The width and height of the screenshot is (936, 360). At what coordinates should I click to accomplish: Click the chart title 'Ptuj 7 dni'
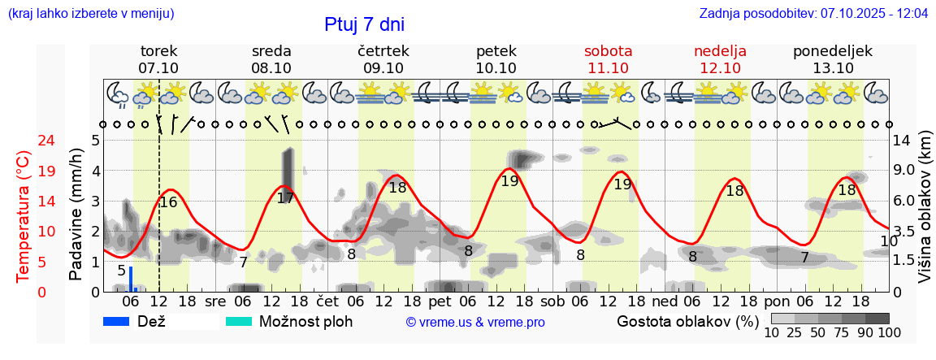(x=364, y=24)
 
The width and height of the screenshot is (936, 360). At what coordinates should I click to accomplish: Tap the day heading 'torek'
(x=158, y=51)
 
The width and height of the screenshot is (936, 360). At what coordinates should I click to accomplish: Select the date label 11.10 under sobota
(x=608, y=68)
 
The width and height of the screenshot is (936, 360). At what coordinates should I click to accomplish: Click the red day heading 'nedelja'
(x=720, y=51)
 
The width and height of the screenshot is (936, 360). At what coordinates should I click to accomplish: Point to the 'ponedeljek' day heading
(x=833, y=51)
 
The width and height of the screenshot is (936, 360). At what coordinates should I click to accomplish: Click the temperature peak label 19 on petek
(x=509, y=181)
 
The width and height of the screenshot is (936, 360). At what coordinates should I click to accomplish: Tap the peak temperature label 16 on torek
(x=168, y=202)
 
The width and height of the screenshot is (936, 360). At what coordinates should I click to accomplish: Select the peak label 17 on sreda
(x=285, y=197)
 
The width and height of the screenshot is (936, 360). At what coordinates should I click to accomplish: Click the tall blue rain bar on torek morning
(x=130, y=278)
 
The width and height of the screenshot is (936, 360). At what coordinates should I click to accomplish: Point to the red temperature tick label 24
(x=24, y=141)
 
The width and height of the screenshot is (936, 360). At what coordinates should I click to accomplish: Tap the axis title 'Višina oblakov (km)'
(x=925, y=220)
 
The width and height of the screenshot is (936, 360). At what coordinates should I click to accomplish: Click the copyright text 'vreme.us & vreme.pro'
(x=475, y=322)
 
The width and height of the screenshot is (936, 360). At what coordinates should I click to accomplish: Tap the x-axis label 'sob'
(x=552, y=301)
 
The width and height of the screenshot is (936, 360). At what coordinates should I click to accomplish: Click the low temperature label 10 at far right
(x=889, y=241)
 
